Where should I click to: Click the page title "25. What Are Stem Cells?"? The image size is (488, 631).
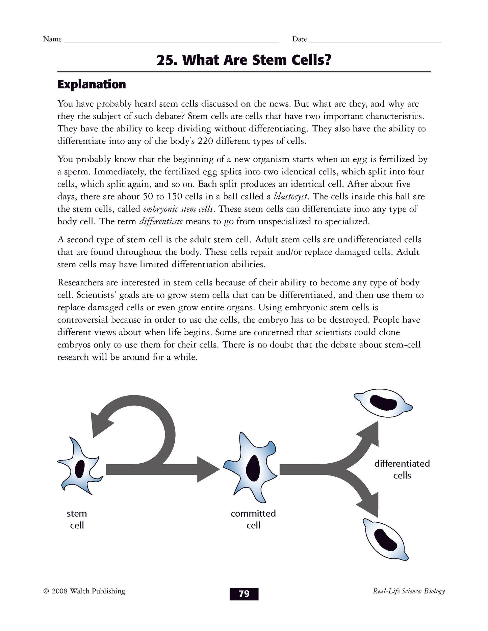pos(244,60)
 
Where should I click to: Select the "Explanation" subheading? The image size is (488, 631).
pos(92,84)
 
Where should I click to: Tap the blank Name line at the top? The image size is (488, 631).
pos(171,40)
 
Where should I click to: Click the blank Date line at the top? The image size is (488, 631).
pos(375,40)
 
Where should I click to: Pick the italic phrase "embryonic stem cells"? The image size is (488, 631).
pos(178,209)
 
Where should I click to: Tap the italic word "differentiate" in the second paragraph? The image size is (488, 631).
pos(161,221)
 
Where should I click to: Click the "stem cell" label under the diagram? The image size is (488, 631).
pos(77,519)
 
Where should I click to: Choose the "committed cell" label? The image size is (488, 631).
pos(253,519)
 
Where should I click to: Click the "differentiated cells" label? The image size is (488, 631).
pos(402,469)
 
